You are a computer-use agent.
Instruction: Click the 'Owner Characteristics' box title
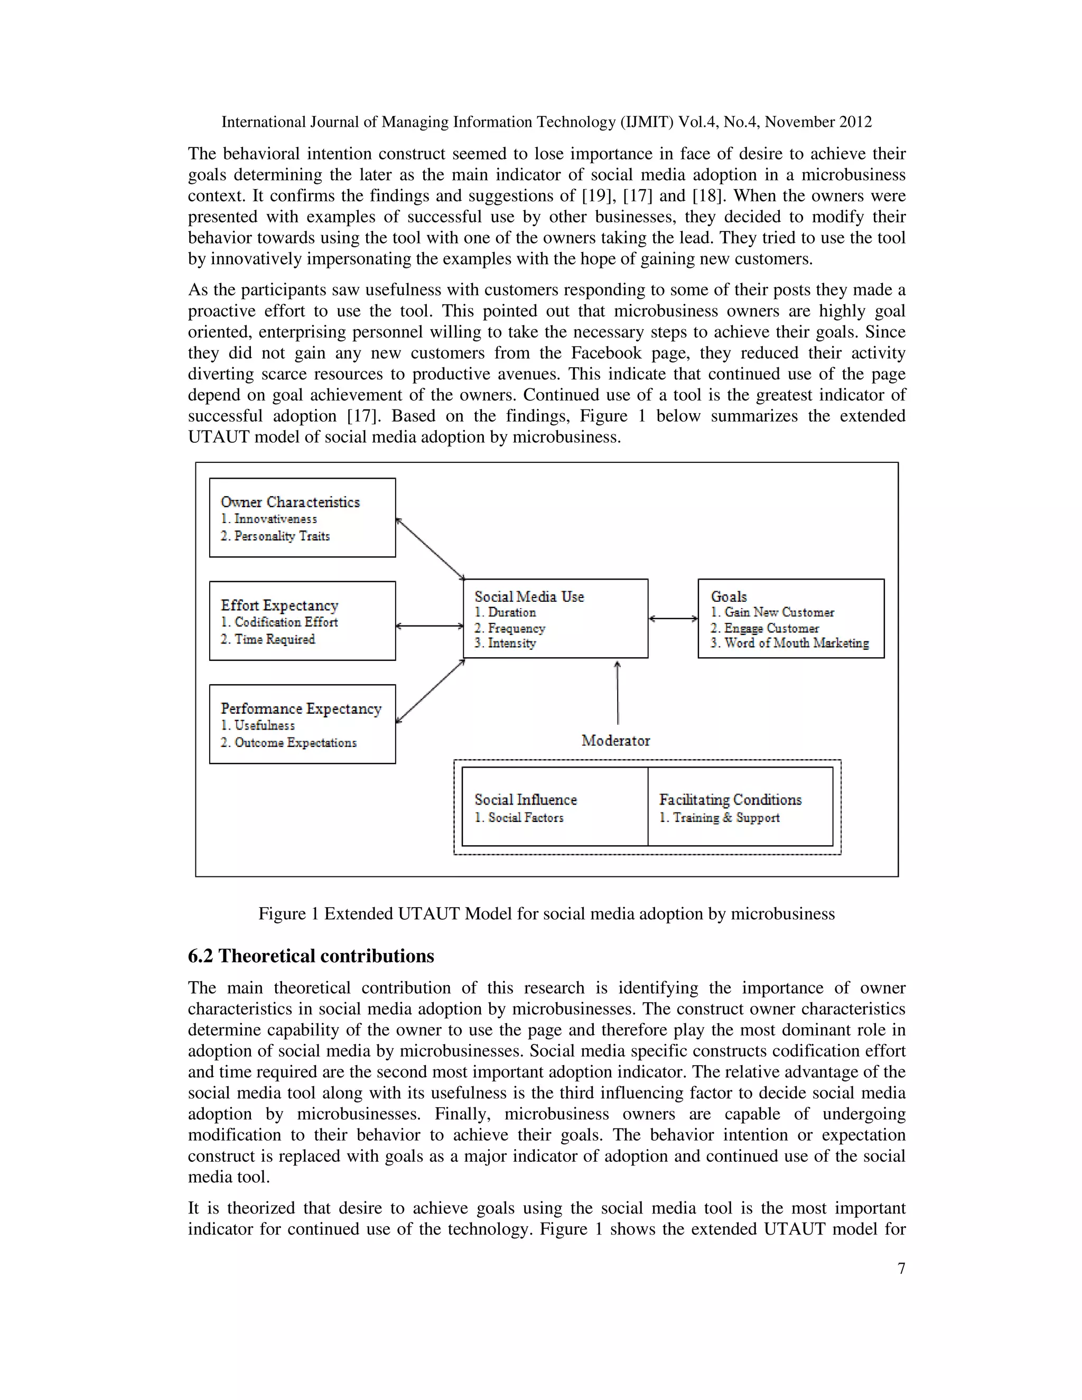(290, 502)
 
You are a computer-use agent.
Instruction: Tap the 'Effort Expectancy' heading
(279, 605)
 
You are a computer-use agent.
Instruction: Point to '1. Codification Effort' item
(279, 622)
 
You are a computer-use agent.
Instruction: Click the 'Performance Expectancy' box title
(301, 708)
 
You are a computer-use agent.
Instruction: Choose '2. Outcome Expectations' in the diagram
(288, 742)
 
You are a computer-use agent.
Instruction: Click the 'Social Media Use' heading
(529, 596)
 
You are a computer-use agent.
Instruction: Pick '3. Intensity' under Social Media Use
(505, 643)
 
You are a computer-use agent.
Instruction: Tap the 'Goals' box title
(728, 596)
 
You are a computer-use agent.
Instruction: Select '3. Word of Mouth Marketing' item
(789, 643)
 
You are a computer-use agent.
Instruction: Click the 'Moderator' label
(615, 740)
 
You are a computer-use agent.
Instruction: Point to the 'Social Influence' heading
(525, 799)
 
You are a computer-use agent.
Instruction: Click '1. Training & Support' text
(719, 817)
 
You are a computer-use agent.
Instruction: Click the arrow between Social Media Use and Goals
(673, 619)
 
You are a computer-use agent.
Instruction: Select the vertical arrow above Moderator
(617, 692)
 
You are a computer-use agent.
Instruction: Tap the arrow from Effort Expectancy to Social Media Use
(430, 626)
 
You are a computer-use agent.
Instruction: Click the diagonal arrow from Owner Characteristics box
(430, 548)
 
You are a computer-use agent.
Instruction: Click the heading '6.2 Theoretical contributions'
(311, 956)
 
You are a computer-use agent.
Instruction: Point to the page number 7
(901, 1268)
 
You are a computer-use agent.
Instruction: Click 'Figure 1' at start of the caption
(288, 913)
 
